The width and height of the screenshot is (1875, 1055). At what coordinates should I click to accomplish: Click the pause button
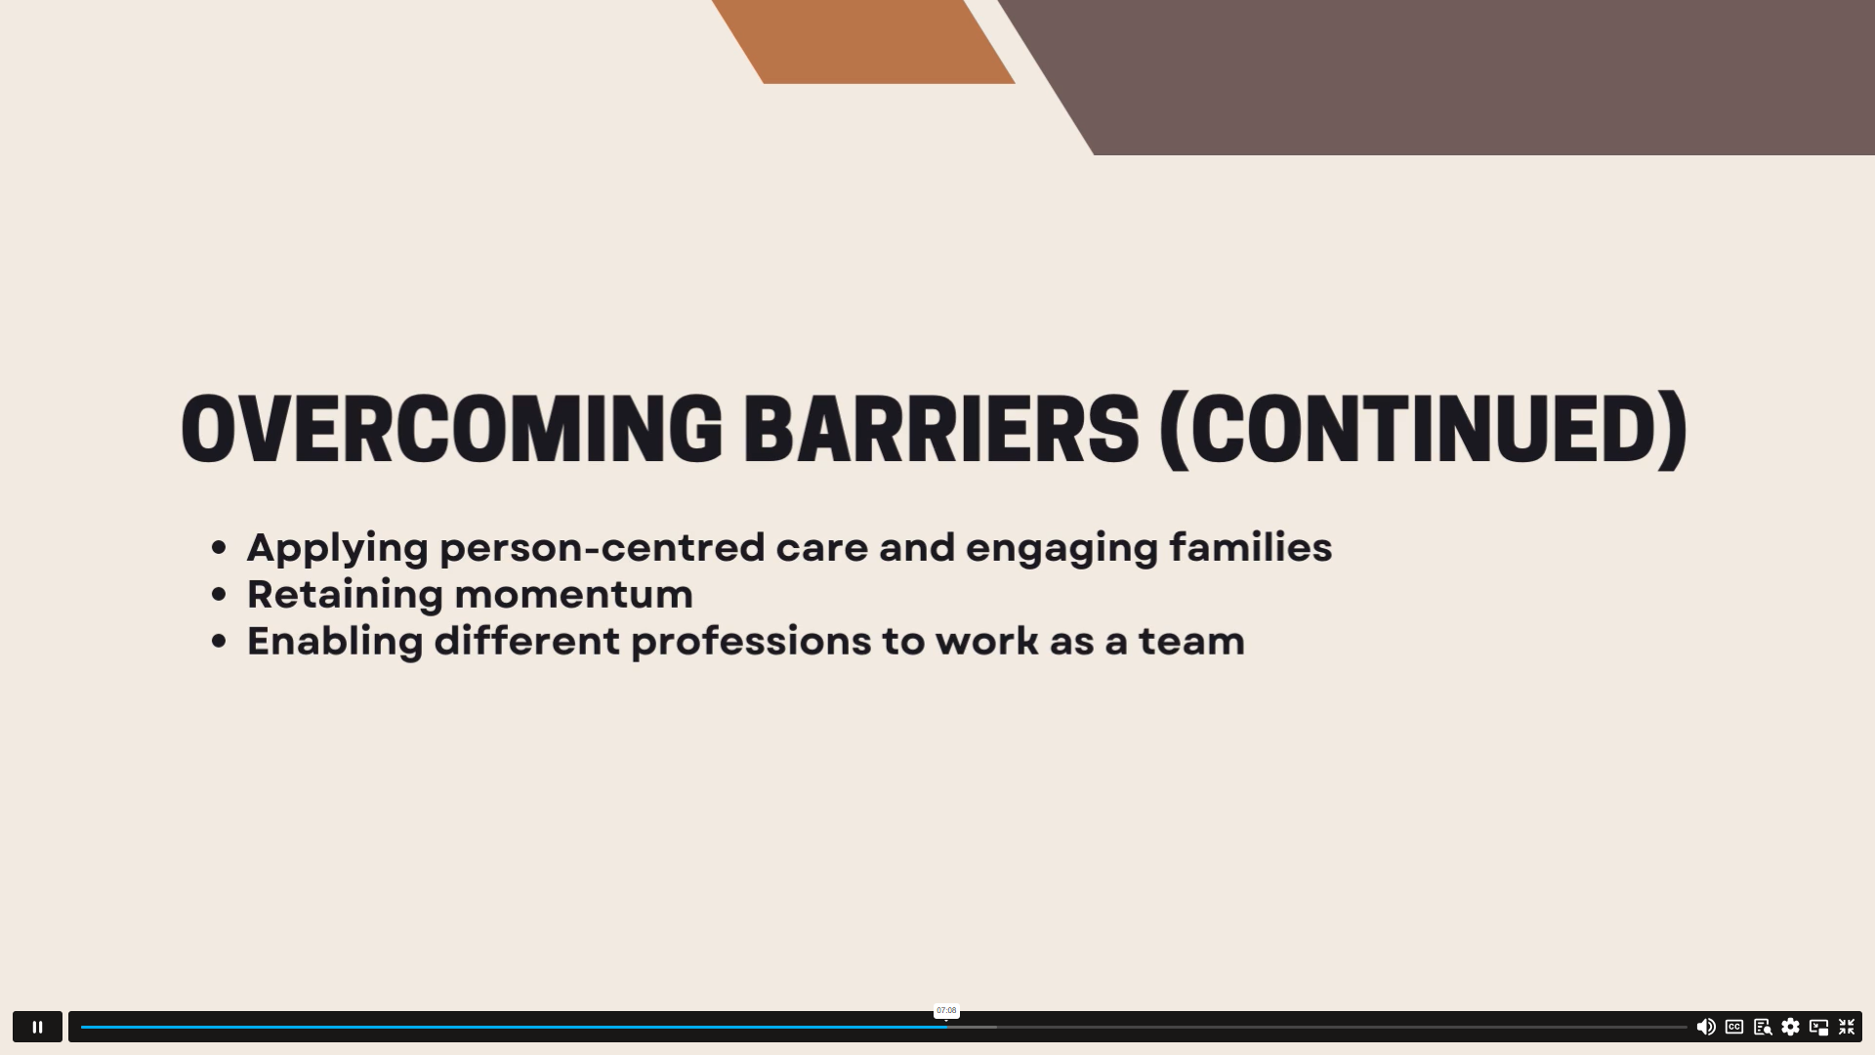click(37, 1027)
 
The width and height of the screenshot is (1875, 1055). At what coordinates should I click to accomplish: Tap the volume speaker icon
click(1706, 1027)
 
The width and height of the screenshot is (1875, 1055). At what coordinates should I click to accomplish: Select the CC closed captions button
click(1734, 1027)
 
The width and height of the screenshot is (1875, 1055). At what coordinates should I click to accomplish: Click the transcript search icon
click(1763, 1027)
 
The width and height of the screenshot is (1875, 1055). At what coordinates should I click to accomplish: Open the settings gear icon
click(1790, 1027)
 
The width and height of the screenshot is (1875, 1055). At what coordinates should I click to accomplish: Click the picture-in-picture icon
click(1818, 1027)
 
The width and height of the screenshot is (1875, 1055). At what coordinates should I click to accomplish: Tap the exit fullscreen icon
click(1847, 1027)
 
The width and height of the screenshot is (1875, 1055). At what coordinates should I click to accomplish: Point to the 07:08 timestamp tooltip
click(946, 1011)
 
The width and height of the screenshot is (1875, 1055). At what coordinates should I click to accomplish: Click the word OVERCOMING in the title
click(452, 429)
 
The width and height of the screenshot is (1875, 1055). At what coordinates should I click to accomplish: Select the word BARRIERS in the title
click(941, 429)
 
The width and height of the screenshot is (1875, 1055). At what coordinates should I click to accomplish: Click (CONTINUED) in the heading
click(1423, 430)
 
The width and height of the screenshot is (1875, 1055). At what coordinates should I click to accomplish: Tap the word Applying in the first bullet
click(338, 548)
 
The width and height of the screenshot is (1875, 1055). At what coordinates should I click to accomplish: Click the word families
click(1251, 547)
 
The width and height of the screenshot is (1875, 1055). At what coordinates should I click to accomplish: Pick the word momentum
click(574, 594)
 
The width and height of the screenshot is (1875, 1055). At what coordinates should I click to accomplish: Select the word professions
click(751, 642)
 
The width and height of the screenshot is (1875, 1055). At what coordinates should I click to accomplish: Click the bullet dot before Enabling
click(219, 642)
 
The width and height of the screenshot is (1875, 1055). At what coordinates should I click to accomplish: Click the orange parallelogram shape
click(863, 41)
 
